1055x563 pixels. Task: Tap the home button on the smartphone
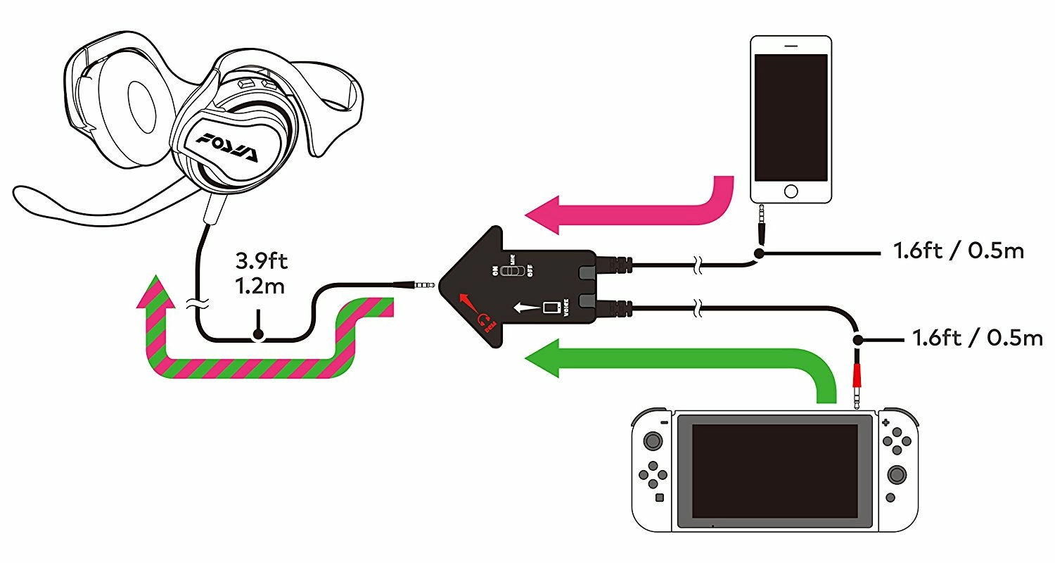pyautogui.click(x=791, y=191)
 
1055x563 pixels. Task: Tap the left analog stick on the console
pyautogui.click(x=653, y=441)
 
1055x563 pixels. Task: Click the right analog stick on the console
pyautogui.click(x=897, y=474)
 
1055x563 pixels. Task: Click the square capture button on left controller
pyautogui.click(x=659, y=498)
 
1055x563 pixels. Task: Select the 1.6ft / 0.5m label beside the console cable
pyautogui.click(x=976, y=338)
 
